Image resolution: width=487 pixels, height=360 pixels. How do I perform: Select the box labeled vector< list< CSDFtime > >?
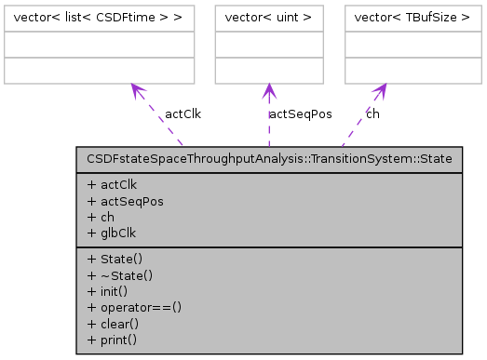(99, 18)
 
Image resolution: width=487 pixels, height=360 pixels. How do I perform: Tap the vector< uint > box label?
(269, 18)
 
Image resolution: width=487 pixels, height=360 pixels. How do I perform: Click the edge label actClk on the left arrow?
(183, 114)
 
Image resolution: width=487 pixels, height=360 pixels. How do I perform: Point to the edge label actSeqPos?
(300, 114)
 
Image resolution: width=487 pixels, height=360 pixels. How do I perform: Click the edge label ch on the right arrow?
(372, 114)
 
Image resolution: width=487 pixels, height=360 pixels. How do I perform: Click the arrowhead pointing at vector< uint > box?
(269, 90)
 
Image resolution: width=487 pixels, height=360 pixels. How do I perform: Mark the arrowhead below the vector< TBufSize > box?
(382, 90)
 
